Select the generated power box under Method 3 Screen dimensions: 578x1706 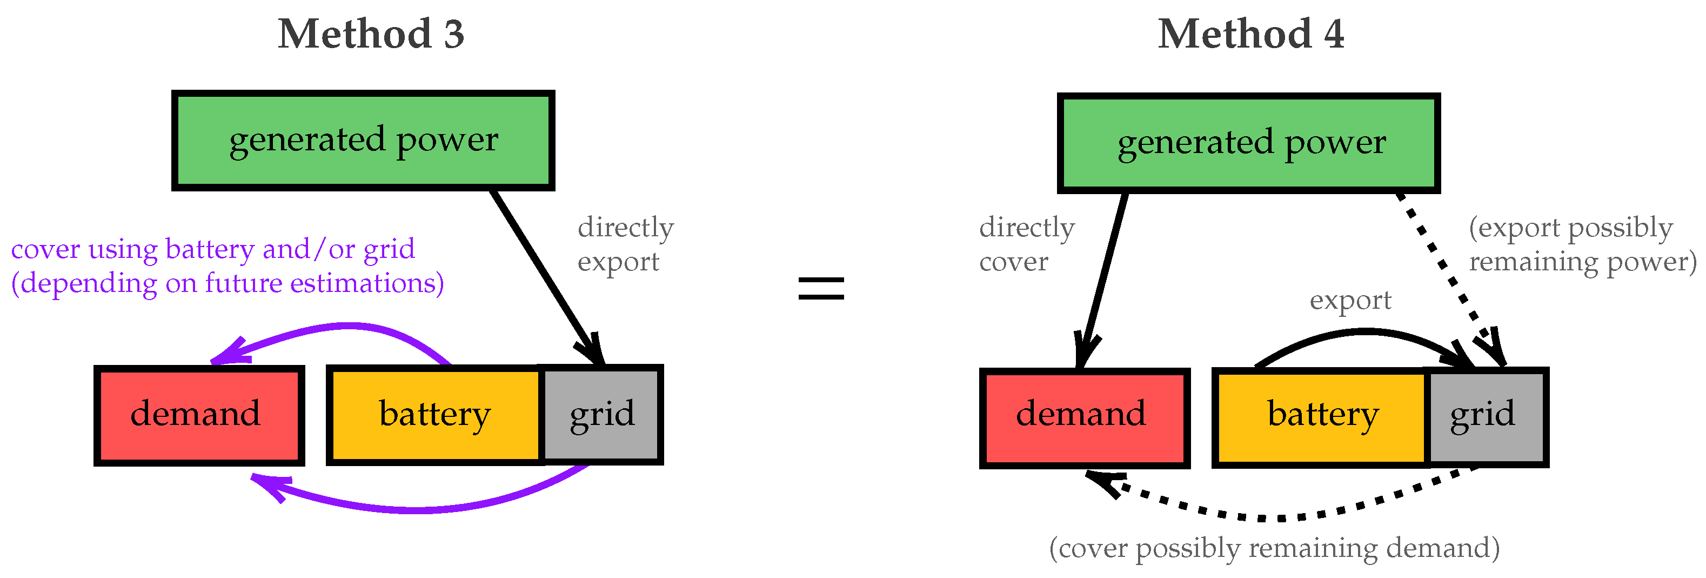click(363, 141)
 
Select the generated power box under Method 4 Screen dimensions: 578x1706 click(1248, 143)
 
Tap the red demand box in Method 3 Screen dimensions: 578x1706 click(199, 415)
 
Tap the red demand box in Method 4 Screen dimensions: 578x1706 click(1084, 417)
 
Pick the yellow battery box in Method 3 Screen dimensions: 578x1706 click(434, 415)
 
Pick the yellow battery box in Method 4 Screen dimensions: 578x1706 click(1321, 417)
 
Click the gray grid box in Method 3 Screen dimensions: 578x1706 click(602, 415)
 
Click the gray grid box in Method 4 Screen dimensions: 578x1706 click(1487, 417)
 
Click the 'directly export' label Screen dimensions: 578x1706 click(625, 244)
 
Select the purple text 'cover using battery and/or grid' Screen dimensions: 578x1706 click(213, 249)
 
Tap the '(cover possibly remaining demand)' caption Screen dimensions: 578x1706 click(1274, 548)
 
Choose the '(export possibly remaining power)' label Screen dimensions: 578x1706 click(1582, 244)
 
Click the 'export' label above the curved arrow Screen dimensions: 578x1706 click(1350, 300)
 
